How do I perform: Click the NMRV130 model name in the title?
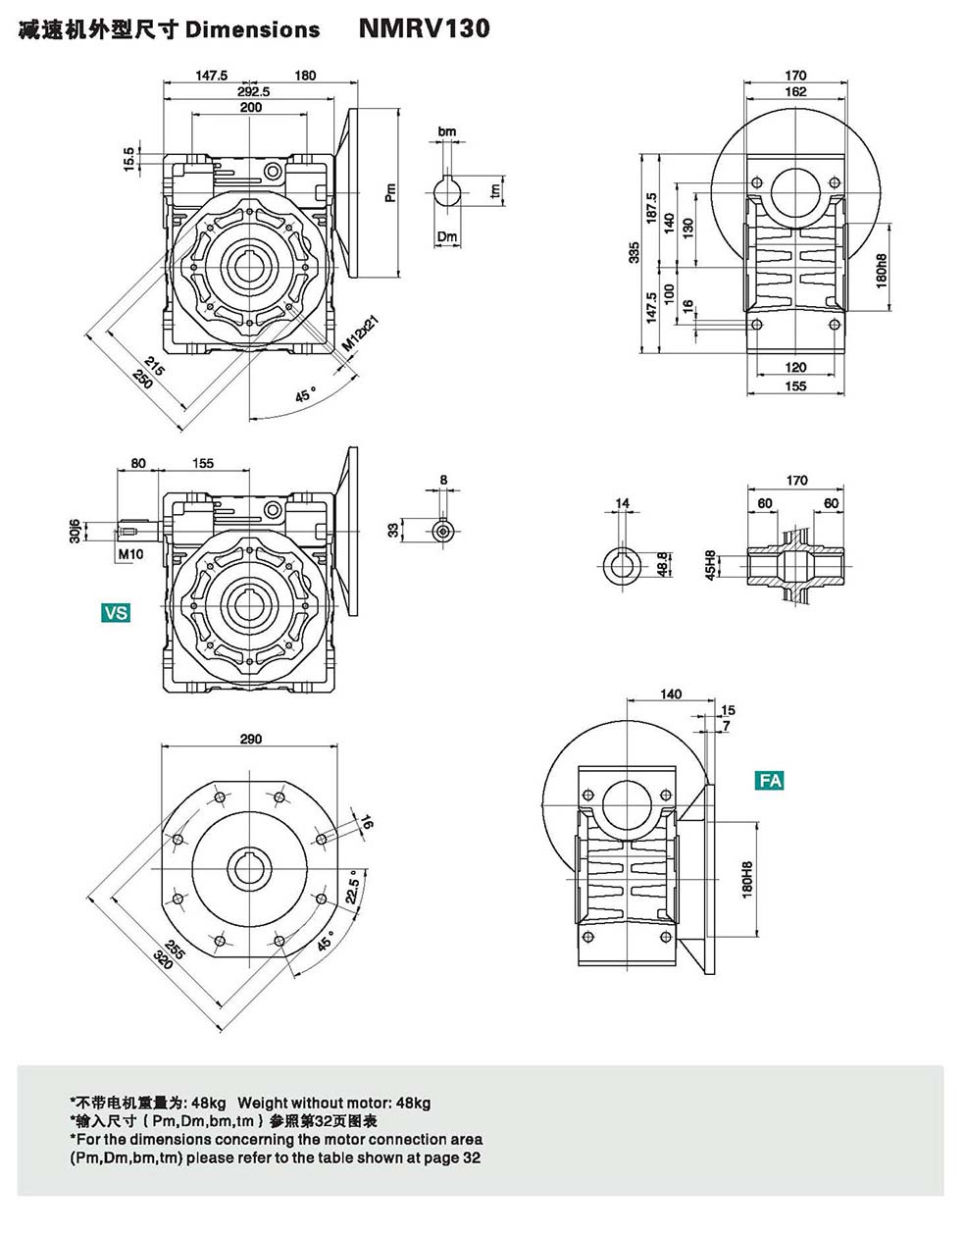pyautogui.click(x=424, y=28)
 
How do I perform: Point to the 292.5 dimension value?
pyautogui.click(x=252, y=91)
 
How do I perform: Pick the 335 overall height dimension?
pyautogui.click(x=635, y=254)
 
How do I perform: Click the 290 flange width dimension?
pyautogui.click(x=251, y=739)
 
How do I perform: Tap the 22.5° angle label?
pyautogui.click(x=354, y=890)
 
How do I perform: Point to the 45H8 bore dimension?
pyautogui.click(x=711, y=566)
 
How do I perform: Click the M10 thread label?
pyautogui.click(x=130, y=555)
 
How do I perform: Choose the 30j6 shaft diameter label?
pyautogui.click(x=75, y=531)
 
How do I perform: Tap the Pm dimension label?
pyautogui.click(x=390, y=192)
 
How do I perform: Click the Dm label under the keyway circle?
pyautogui.click(x=447, y=236)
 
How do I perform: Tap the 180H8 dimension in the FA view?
pyautogui.click(x=746, y=880)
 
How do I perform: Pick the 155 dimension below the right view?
pyautogui.click(x=795, y=386)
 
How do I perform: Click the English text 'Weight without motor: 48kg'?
pyautogui.click(x=334, y=1103)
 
